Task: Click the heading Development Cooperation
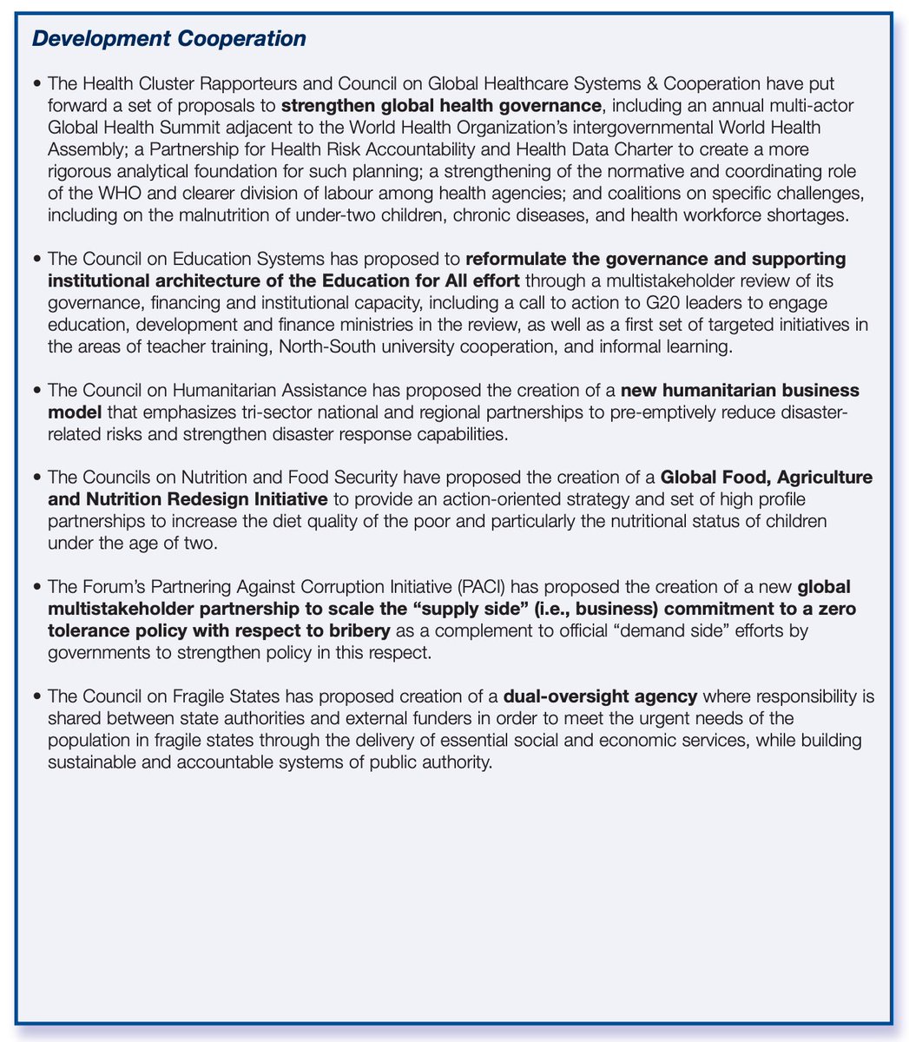pos(169,40)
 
